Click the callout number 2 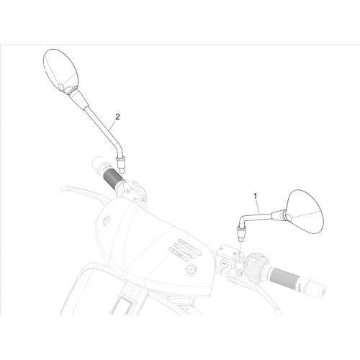click(x=117, y=117)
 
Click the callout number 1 click(x=256, y=196)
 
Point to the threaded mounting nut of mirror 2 click(x=120, y=163)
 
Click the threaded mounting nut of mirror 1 click(x=240, y=232)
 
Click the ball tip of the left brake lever click(x=64, y=188)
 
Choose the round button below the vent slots click(x=191, y=269)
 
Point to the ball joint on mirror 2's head click(x=61, y=86)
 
